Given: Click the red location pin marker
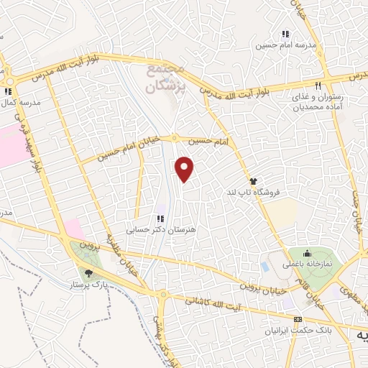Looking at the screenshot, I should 185,169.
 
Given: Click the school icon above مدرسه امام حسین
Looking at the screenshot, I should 285,34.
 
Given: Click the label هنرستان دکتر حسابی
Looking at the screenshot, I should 161,230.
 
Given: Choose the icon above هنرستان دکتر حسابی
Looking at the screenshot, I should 160,218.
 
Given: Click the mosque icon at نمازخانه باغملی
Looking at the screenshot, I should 308,253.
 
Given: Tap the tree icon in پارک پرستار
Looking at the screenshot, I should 88,272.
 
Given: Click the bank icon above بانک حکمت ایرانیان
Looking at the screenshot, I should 298,319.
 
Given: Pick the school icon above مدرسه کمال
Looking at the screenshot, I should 8,91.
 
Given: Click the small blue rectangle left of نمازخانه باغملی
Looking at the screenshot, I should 266,266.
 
